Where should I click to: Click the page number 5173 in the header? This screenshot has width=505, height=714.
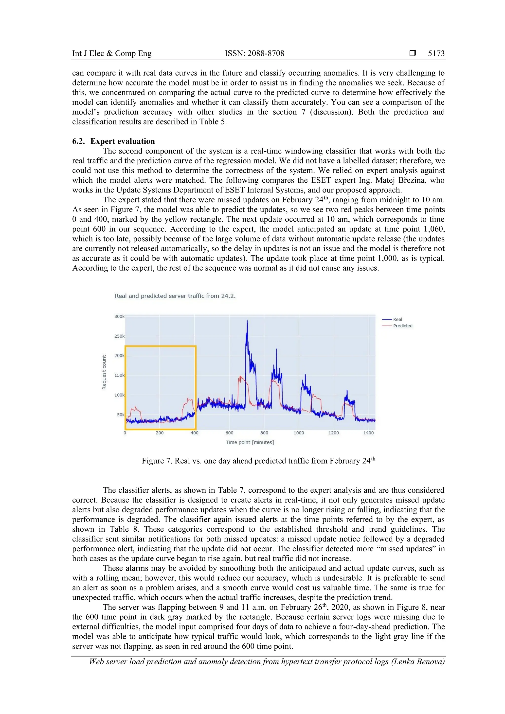[x=436, y=53]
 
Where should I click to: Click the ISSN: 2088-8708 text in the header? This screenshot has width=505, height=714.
[x=254, y=53]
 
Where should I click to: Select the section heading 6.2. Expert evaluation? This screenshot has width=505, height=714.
[x=114, y=141]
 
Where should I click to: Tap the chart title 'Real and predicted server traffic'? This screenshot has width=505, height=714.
[x=175, y=296]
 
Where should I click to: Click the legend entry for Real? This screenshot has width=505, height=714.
[x=397, y=319]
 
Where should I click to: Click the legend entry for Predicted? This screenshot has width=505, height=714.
[x=402, y=326]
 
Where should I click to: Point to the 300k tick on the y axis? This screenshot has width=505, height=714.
[x=119, y=316]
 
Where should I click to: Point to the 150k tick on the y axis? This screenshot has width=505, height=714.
[x=119, y=375]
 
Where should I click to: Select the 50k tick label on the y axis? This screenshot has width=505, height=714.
[x=120, y=415]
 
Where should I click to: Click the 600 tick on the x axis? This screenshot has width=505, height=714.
[x=229, y=433]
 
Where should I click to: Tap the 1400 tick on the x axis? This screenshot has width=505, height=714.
[x=368, y=433]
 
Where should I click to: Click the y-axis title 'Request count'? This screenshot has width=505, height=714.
[x=104, y=372]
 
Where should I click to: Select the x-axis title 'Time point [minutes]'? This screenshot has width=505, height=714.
[x=250, y=442]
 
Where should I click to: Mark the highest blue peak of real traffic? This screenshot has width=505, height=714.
[x=247, y=321]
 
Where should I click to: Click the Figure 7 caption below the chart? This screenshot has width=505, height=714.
[x=258, y=461]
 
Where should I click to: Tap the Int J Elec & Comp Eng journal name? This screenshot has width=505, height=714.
[x=112, y=53]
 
